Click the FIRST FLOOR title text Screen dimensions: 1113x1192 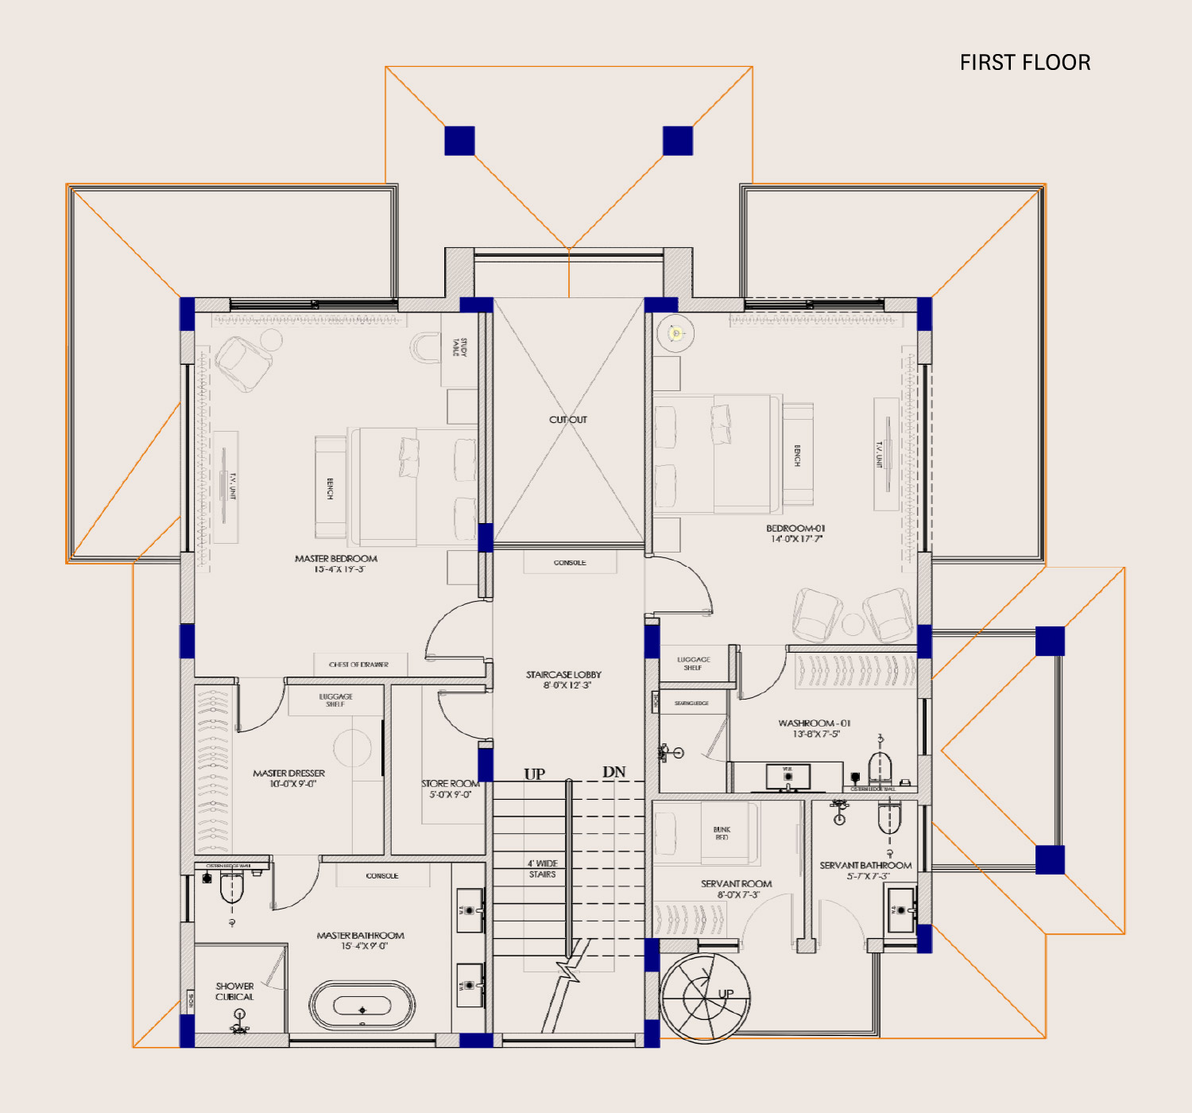click(x=1024, y=63)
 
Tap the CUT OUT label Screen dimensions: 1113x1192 click(x=568, y=420)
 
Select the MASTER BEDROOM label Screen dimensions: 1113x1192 click(x=335, y=559)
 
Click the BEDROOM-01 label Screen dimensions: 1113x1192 click(x=795, y=529)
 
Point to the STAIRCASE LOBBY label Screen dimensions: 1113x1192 click(x=563, y=675)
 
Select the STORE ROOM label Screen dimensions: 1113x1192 click(x=450, y=784)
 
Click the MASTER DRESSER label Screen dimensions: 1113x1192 click(x=288, y=774)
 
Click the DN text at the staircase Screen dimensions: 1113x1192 click(x=613, y=772)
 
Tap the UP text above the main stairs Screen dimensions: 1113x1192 click(x=534, y=774)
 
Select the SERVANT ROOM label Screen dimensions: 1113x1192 click(x=736, y=884)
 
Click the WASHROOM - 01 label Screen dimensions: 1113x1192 click(x=814, y=723)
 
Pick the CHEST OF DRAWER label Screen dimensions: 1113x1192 click(x=358, y=665)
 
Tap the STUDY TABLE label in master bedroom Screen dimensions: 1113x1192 click(x=460, y=347)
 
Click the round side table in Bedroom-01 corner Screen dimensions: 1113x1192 click(x=675, y=334)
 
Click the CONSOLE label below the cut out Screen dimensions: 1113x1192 click(x=570, y=563)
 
